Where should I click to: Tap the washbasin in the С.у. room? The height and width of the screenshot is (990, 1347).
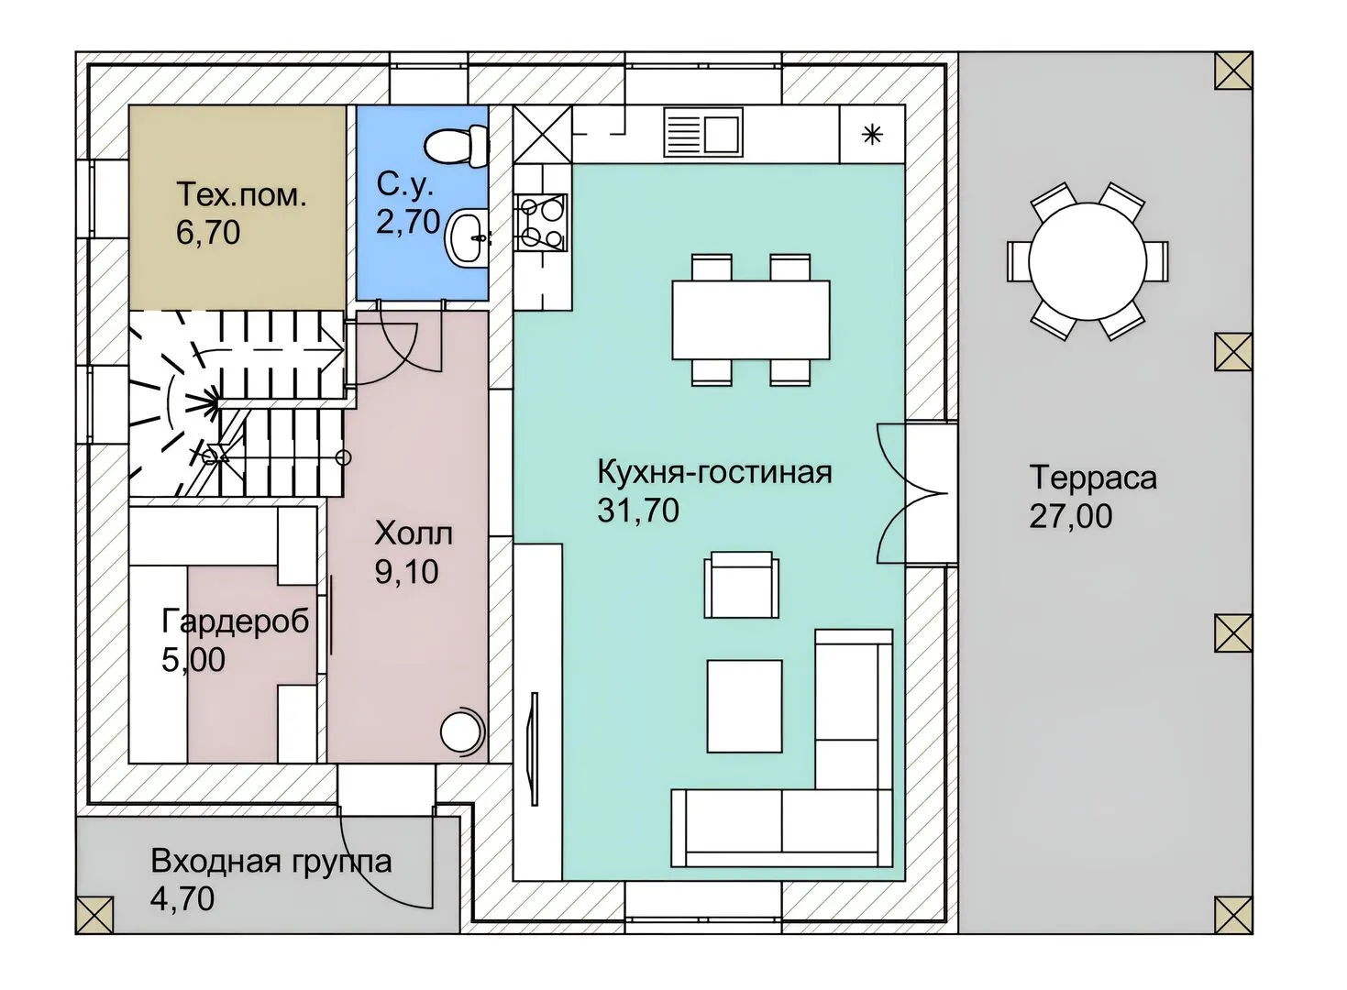tap(467, 238)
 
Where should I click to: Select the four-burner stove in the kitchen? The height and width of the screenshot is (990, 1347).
tap(541, 222)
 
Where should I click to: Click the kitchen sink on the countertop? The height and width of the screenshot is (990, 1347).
tap(703, 132)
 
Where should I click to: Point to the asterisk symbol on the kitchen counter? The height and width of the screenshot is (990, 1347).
tap(872, 135)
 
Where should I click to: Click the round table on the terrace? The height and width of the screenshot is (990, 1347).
tap(1088, 261)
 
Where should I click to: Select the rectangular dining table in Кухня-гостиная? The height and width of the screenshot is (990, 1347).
tap(751, 320)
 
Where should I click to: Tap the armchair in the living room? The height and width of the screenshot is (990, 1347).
tap(742, 585)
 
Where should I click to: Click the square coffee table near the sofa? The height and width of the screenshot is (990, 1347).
tap(745, 706)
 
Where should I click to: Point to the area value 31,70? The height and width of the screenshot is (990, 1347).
tap(638, 511)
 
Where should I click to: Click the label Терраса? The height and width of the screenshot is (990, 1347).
tap(1093, 478)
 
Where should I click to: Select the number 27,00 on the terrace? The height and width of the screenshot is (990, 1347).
tap(1071, 516)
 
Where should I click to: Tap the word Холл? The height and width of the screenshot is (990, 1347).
tap(414, 533)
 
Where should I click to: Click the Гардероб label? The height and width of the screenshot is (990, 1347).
tap(235, 621)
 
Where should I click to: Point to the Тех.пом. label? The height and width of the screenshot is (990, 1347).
tap(242, 194)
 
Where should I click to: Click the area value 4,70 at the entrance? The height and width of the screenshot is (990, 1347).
tap(182, 899)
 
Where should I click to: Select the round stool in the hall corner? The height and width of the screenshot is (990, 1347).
tap(462, 732)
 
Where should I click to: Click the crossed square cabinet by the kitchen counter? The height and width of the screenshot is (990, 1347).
tap(543, 135)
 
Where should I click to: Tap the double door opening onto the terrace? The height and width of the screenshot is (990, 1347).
tap(908, 493)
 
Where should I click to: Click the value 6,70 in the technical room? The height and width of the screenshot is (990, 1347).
tap(208, 232)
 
